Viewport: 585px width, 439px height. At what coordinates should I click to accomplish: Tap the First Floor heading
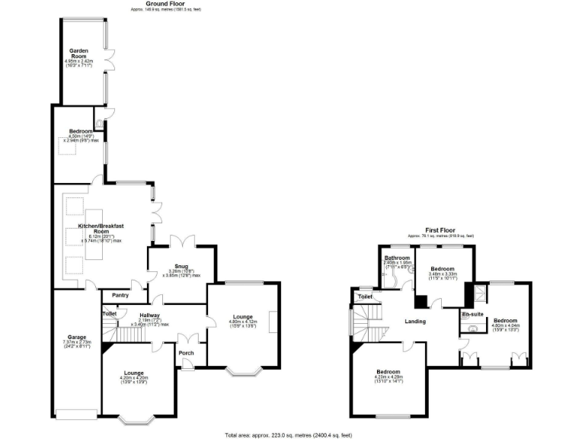click(x=441, y=229)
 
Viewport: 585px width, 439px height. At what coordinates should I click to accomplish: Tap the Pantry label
click(x=120, y=295)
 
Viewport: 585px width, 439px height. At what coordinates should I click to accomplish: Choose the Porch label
click(x=186, y=352)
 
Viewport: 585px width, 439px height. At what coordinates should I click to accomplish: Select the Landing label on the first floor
click(x=414, y=321)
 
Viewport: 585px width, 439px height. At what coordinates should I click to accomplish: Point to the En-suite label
click(x=472, y=313)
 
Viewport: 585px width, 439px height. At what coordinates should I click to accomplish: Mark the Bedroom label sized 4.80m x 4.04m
click(x=504, y=319)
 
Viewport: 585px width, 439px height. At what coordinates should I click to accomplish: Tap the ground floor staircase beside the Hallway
click(x=111, y=332)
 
